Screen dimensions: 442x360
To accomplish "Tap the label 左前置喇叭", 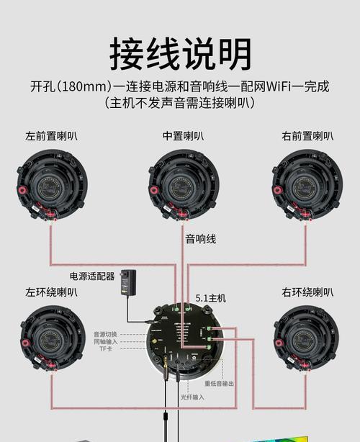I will pyautogui.click(x=51, y=135).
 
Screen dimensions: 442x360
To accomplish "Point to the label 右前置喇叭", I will pyautogui.click(x=307, y=135).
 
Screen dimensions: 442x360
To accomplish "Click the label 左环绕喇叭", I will pyautogui.click(x=51, y=292).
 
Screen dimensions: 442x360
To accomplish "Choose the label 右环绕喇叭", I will pyautogui.click(x=307, y=292).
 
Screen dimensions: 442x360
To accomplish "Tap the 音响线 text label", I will pyautogui.click(x=200, y=239).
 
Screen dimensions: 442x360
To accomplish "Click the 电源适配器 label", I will pyautogui.click(x=91, y=276).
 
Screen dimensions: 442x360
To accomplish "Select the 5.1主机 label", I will pyautogui.click(x=210, y=297).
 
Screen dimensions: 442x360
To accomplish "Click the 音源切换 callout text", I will pyautogui.click(x=106, y=334).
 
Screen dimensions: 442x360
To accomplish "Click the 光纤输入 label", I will pyautogui.click(x=192, y=397).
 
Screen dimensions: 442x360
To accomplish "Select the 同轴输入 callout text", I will pyautogui.click(x=106, y=342).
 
